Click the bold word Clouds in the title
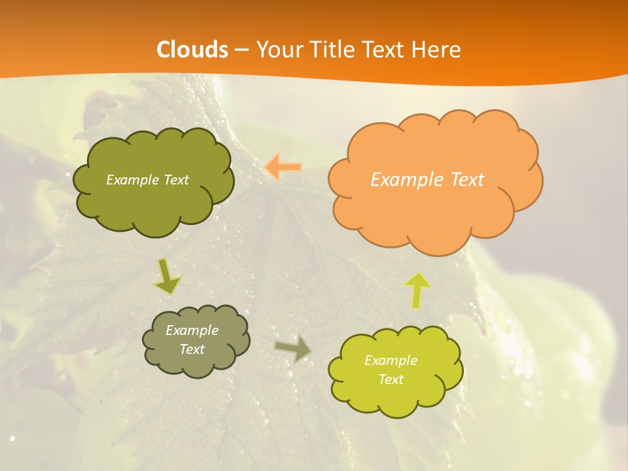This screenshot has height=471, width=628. pos(193,50)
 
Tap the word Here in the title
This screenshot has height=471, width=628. pos(437,50)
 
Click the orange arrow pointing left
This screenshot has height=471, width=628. pos(283,167)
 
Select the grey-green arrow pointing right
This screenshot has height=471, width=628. pos(293,349)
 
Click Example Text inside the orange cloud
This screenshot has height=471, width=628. pos(427,180)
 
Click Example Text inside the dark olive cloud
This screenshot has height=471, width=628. pos(147,180)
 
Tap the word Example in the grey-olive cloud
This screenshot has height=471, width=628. pos(192,330)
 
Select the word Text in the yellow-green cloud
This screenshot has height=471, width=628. pos(391,379)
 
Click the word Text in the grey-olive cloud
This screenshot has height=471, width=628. pos(192,349)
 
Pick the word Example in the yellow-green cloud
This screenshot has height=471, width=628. pos(391,360)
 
